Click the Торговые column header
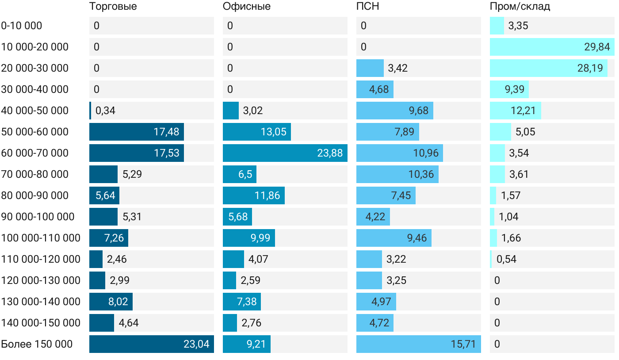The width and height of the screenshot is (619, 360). pyautogui.click(x=113, y=7)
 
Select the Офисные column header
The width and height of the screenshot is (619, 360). pyautogui.click(x=247, y=7)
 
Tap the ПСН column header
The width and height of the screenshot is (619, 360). pyautogui.click(x=368, y=7)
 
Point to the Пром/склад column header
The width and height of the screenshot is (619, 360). pyautogui.click(x=520, y=7)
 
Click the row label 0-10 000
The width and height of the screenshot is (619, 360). pyautogui.click(x=22, y=26)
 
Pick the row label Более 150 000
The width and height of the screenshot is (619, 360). pyautogui.click(x=37, y=344)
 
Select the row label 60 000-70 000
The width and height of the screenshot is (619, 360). pyautogui.click(x=35, y=153)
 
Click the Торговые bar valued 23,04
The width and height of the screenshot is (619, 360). pyautogui.click(x=151, y=344)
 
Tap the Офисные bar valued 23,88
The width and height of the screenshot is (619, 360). pyautogui.click(x=285, y=153)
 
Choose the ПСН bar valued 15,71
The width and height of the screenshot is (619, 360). pyautogui.click(x=418, y=344)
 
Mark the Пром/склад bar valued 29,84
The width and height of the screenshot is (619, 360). pyautogui.click(x=552, y=47)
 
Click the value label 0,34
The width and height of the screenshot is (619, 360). pyautogui.click(x=105, y=111)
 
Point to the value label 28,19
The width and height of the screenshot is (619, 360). pyautogui.click(x=590, y=68)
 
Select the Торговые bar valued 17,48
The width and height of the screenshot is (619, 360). pyautogui.click(x=136, y=132)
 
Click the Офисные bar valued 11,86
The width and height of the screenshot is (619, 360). pyautogui.click(x=253, y=195)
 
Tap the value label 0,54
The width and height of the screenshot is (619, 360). pyautogui.click(x=506, y=259)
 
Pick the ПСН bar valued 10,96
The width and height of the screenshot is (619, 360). pyautogui.click(x=399, y=153)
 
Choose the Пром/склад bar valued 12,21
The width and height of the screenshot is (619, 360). pyautogui.click(x=515, y=111)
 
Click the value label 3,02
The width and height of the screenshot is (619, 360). pyautogui.click(x=253, y=111)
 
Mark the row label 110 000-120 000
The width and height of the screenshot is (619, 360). pyautogui.click(x=41, y=259)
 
